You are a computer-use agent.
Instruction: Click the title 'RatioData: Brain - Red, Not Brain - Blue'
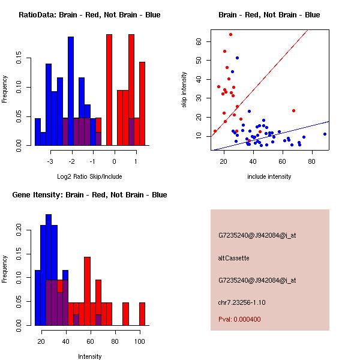(89, 15)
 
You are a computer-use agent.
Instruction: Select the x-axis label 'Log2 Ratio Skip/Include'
(89, 176)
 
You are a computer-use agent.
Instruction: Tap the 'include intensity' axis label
(269, 176)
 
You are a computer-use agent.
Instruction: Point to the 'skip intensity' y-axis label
(184, 89)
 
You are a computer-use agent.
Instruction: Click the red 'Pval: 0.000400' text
(239, 319)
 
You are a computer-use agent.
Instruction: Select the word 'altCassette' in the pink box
(233, 258)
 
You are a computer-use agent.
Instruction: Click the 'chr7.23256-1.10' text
(242, 302)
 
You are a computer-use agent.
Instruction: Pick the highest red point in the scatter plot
(231, 35)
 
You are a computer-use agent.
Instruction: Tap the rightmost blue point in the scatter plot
(325, 134)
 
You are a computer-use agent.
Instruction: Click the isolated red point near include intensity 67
(293, 110)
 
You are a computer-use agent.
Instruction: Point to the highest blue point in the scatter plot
(238, 58)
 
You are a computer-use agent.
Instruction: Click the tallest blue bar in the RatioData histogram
(71, 91)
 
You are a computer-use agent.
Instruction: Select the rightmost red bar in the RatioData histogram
(142, 104)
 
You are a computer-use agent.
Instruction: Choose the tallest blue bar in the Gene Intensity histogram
(49, 270)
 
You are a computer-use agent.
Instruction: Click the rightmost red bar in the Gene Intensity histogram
(142, 314)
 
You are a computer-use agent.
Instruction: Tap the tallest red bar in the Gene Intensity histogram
(87, 291)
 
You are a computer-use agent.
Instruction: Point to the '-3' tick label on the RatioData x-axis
(50, 161)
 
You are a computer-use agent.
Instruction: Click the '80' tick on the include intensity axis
(312, 161)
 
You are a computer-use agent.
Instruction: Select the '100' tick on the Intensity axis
(140, 341)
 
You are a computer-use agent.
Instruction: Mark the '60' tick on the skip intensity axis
(199, 41)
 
